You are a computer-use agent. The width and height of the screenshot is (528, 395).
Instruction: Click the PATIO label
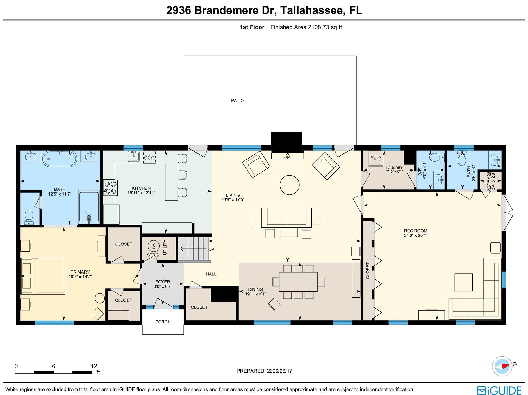[x=237, y=100]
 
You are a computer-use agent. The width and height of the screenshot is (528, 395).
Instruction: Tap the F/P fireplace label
[x=286, y=157]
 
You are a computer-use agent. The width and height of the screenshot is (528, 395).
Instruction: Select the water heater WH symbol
[x=154, y=246]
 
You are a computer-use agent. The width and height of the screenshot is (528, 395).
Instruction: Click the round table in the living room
[x=290, y=185]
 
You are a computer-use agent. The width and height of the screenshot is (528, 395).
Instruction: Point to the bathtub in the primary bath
[x=60, y=159]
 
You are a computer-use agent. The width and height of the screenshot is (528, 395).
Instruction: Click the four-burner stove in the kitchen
[x=110, y=188]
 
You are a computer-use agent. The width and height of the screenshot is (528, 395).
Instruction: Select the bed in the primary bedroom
[x=43, y=276]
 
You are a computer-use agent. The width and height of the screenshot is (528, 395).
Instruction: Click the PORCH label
[x=163, y=322]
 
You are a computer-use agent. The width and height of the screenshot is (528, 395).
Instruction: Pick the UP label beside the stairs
[x=211, y=249]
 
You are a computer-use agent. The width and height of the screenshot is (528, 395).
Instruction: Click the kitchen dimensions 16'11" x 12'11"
[x=141, y=193]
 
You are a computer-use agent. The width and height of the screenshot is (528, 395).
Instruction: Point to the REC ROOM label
[x=416, y=231]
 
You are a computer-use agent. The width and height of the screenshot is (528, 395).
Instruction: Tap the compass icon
[x=502, y=366]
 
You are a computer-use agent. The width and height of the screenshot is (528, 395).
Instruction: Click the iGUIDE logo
[x=499, y=390]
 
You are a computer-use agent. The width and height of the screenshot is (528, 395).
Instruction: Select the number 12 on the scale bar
[x=94, y=366]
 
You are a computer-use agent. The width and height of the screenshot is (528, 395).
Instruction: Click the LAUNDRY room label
[x=394, y=168]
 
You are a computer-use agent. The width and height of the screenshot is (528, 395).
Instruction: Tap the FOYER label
[x=163, y=282]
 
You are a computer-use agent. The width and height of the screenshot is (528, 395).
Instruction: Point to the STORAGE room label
[x=488, y=181]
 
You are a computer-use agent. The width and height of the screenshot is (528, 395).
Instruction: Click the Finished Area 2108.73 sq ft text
[x=306, y=27]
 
